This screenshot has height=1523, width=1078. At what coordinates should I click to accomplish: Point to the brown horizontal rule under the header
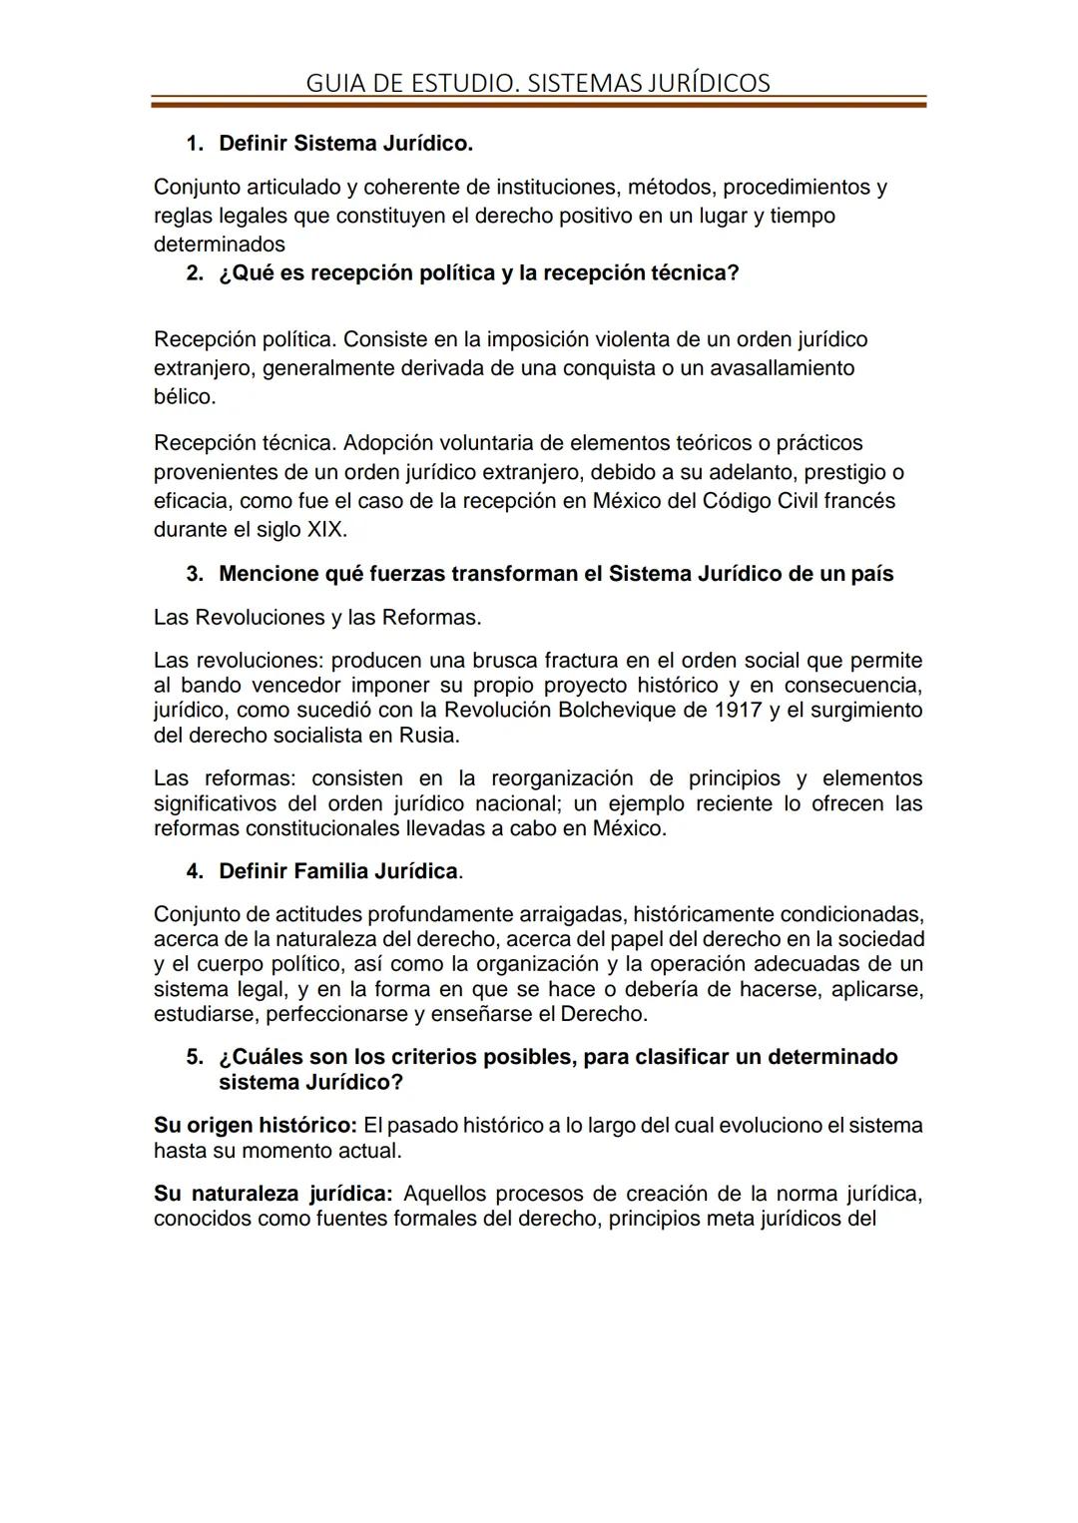[538, 102]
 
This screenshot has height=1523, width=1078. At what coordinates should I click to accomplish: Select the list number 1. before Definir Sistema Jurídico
[195, 144]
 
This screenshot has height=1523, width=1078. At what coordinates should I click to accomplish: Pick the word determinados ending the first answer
[219, 245]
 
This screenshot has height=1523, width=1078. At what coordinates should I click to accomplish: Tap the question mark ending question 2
[734, 273]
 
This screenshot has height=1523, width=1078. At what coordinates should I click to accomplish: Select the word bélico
[184, 397]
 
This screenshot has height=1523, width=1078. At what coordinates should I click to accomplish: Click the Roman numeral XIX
[325, 530]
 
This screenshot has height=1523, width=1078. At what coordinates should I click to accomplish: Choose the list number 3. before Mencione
[195, 575]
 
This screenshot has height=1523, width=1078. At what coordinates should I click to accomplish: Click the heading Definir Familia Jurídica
[338, 871]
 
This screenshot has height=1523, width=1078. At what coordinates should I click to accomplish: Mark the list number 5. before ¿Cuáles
[195, 1057]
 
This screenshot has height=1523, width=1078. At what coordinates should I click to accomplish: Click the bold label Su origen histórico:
[255, 1126]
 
